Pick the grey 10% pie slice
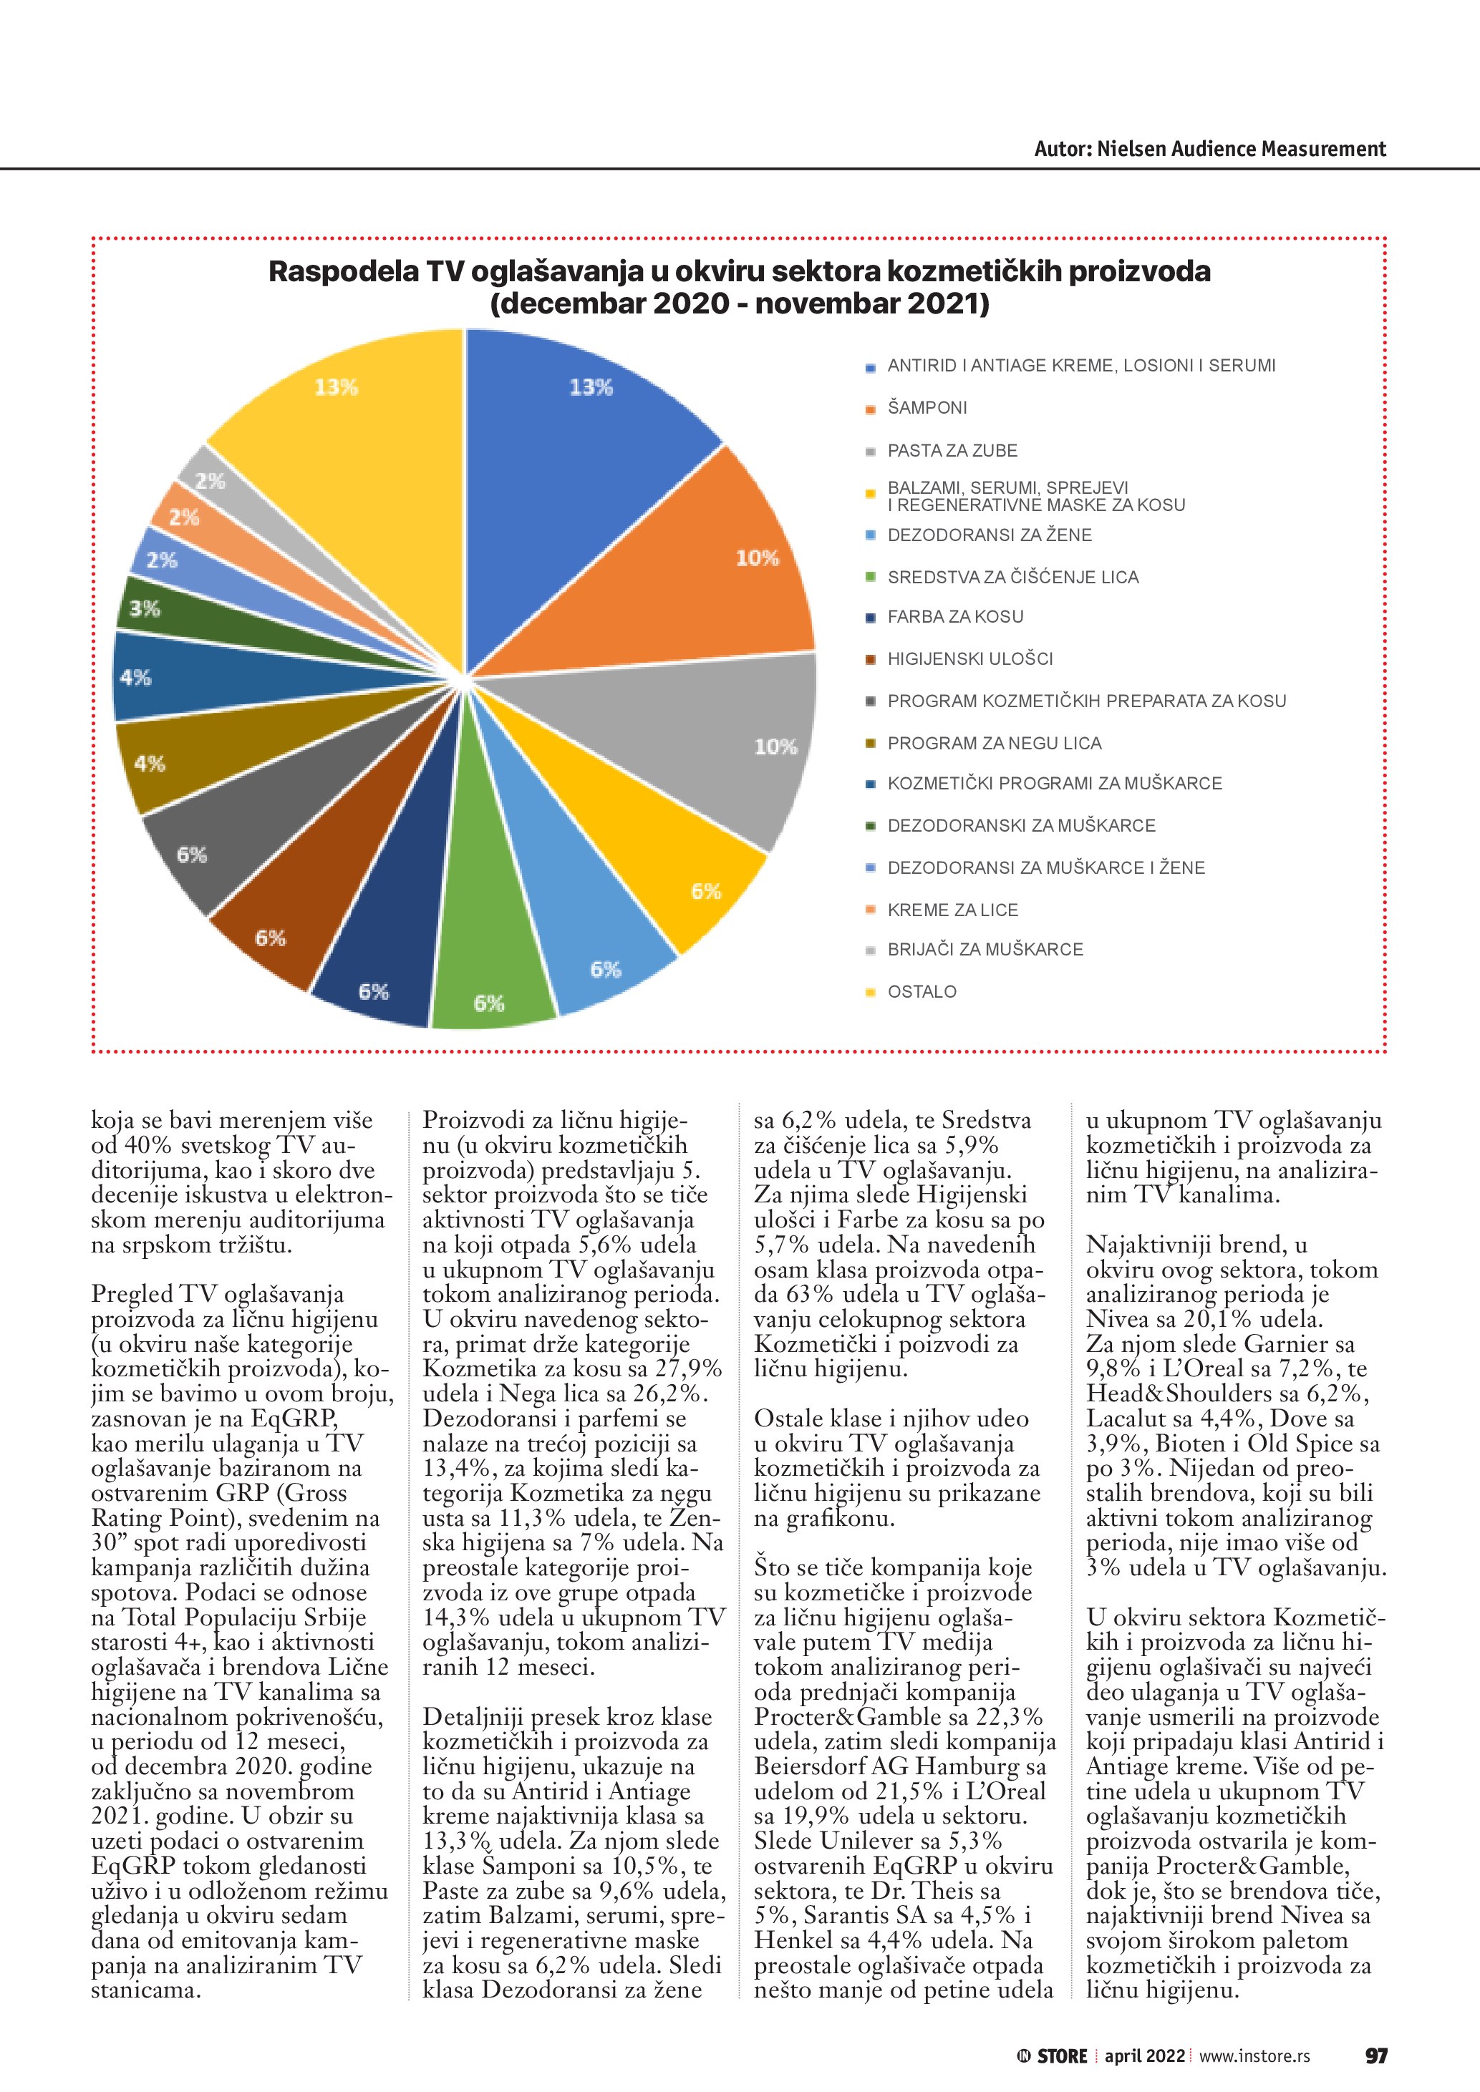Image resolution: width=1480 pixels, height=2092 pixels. pos(720,738)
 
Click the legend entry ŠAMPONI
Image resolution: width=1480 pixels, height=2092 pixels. pos(927,408)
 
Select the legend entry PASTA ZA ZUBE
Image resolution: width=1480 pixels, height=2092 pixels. pos(952,451)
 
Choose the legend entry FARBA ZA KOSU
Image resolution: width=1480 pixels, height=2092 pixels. pos(955,617)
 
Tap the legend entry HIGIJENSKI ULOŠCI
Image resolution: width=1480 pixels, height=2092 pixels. pos(969,658)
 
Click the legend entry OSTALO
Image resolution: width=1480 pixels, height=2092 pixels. pos(922,992)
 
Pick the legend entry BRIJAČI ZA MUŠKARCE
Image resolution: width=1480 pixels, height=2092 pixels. pos(985,950)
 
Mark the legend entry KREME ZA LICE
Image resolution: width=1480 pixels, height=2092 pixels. pos(952,910)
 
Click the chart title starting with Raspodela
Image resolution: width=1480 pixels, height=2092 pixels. pos(739,287)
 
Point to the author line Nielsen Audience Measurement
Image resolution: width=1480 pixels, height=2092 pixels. pos(1209,150)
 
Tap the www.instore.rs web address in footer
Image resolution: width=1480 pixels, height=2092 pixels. pos(1254,2056)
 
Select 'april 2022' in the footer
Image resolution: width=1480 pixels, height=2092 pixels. pos(1143,2056)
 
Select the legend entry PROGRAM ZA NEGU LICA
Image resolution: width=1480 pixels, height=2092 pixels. pos(995,744)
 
